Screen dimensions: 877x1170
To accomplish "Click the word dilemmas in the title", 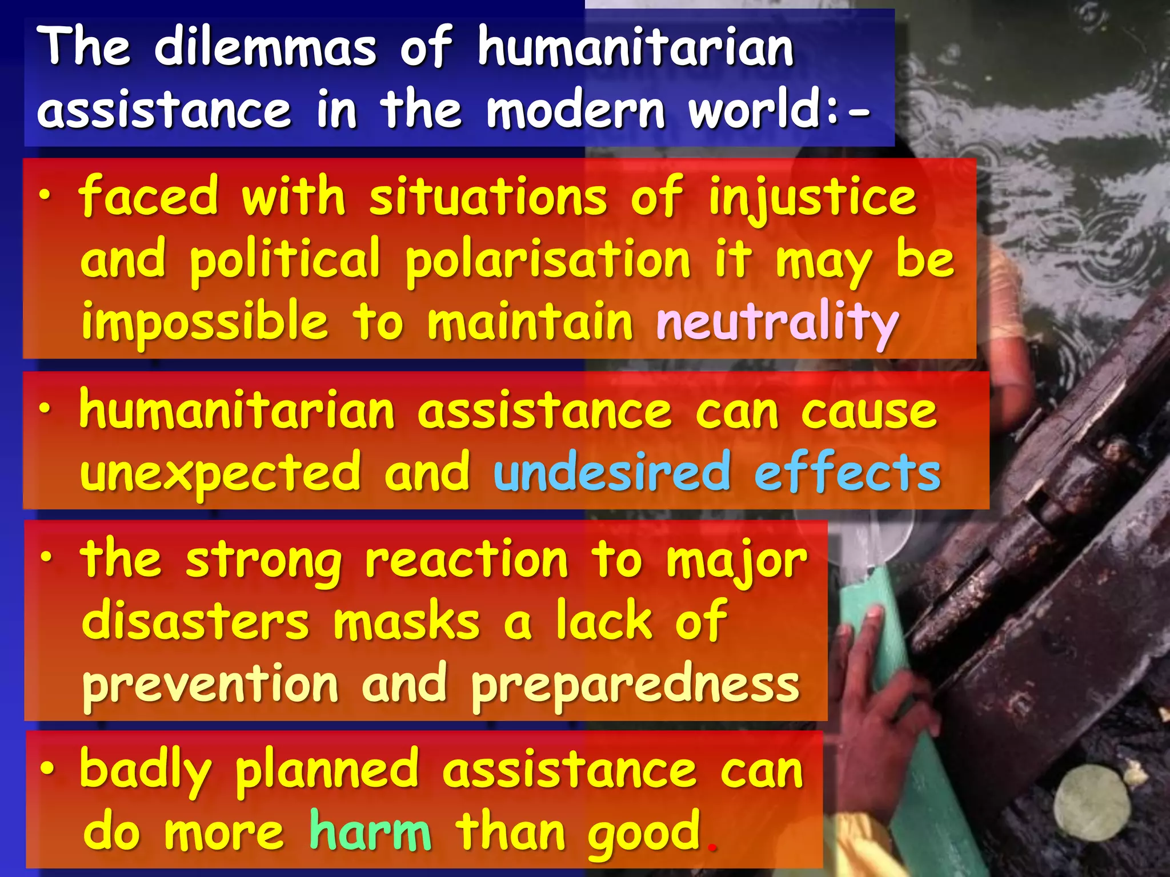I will (x=265, y=47).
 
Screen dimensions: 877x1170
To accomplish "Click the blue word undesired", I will (x=612, y=472).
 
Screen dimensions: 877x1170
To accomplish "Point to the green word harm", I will (x=370, y=831).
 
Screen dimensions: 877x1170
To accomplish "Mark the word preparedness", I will (x=635, y=685).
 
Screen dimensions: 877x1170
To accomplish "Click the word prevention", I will (x=210, y=685).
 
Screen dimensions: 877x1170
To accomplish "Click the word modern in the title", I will (x=575, y=109).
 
